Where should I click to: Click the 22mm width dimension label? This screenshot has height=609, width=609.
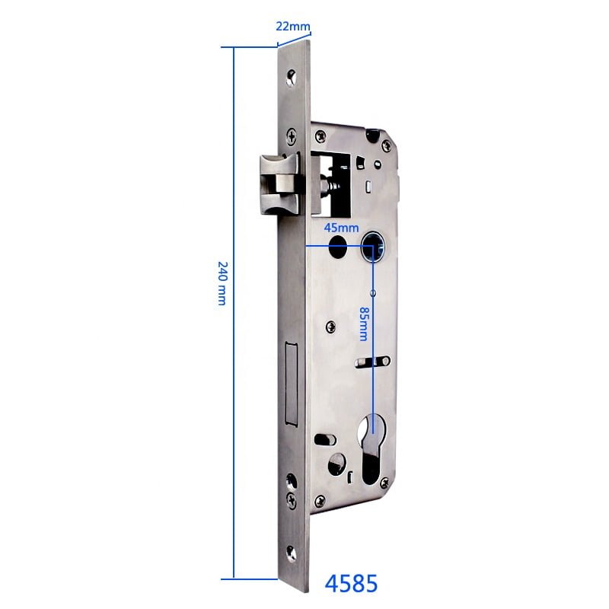pyautogui.click(x=293, y=26)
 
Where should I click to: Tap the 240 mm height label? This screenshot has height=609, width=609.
pyautogui.click(x=222, y=283)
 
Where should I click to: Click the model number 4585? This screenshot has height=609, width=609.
pyautogui.click(x=351, y=584)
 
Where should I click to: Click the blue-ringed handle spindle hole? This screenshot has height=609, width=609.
pyautogui.click(x=373, y=245)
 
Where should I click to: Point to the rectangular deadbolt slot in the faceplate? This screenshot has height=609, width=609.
pyautogui.click(x=290, y=384)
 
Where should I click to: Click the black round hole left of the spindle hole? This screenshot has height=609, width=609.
pyautogui.click(x=336, y=246)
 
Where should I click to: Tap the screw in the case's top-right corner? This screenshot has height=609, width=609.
pyautogui.click(x=373, y=136)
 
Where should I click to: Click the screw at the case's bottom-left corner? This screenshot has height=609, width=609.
pyautogui.click(x=320, y=499)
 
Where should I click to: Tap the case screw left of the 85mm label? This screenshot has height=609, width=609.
pyautogui.click(x=330, y=327)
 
